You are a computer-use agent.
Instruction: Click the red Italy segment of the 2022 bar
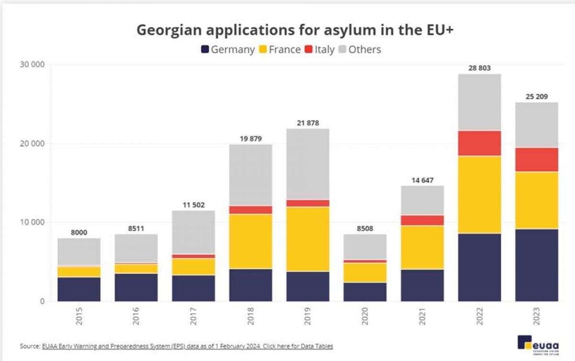click(479, 143)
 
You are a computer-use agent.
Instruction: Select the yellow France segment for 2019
click(308, 239)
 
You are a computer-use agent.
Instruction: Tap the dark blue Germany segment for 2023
click(537, 265)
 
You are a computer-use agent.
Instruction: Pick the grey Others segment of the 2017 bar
click(194, 232)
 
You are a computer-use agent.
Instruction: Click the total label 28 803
click(479, 68)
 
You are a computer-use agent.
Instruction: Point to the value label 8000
click(79, 232)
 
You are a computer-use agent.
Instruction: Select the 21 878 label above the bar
click(308, 123)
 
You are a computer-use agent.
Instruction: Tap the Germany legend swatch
click(205, 49)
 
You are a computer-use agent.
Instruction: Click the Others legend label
click(365, 49)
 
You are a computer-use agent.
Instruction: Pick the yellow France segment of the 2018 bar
click(251, 241)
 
